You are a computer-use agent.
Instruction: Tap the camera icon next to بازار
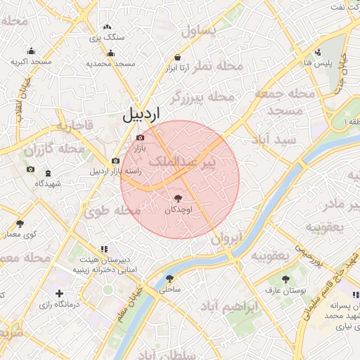tap(141, 138)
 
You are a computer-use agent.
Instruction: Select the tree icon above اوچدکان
tap(177, 199)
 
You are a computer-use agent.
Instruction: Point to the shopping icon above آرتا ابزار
tap(177, 57)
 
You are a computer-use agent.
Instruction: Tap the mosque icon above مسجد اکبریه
tap(31, 51)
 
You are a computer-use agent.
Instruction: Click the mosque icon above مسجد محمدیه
tap(110, 53)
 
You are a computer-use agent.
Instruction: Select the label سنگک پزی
tap(109, 36)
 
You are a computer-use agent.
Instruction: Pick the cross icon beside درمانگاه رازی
tap(59, 293)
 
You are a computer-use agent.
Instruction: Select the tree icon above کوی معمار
tap(20, 224)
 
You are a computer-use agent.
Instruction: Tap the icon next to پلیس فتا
tap(319, 52)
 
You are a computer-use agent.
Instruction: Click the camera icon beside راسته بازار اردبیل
tap(115, 161)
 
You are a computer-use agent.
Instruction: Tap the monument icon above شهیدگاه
tap(48, 173)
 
